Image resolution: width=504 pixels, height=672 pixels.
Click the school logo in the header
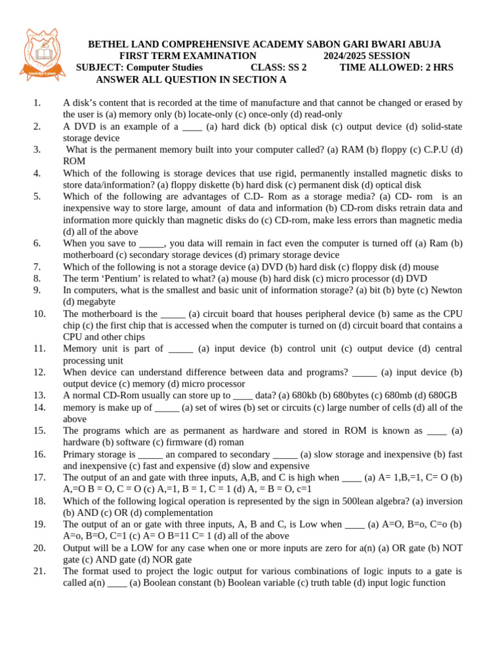(x=43, y=55)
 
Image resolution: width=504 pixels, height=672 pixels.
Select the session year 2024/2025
(x=348, y=56)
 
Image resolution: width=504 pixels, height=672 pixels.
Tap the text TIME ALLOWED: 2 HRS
(x=396, y=67)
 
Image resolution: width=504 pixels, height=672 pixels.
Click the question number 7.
(x=37, y=266)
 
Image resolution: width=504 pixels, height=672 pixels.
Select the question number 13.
(x=39, y=395)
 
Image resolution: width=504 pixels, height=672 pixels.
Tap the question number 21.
(x=39, y=571)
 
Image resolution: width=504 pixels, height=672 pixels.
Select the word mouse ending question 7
(x=425, y=266)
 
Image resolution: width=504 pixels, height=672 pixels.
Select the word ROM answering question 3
(x=74, y=161)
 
